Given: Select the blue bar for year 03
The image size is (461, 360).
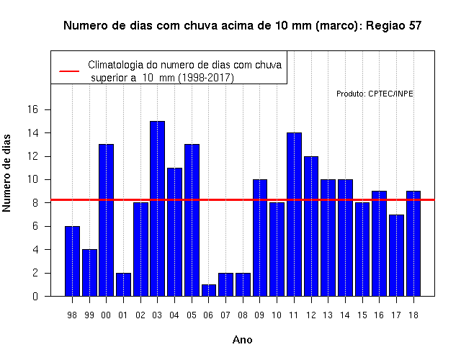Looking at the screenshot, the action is (157, 209).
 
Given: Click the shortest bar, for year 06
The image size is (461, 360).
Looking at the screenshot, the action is (209, 290).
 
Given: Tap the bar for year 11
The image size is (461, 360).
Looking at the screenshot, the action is (294, 215).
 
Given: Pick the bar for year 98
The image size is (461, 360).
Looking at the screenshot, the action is (72, 261).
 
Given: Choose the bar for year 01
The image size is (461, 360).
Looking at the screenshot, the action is (123, 284).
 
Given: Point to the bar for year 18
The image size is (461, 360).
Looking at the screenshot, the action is (413, 243).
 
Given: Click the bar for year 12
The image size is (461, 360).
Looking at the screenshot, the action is (311, 226).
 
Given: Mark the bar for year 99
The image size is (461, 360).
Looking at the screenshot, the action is (89, 273).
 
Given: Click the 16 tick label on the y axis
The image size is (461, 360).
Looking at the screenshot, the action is (32, 109).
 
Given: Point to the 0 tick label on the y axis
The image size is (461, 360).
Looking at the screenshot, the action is (35, 296).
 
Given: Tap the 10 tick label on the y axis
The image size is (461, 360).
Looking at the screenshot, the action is (32, 179).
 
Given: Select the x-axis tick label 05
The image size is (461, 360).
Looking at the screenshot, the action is (192, 315).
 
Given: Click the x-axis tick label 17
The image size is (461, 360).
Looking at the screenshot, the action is (396, 315).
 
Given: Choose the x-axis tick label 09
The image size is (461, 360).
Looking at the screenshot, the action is (259, 315).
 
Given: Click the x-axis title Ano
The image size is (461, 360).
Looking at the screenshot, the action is (243, 340).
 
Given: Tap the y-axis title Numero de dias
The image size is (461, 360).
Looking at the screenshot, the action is (6, 173).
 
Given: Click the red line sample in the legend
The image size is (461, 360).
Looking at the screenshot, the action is (69, 71).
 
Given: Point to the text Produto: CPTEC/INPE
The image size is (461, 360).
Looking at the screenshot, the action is (375, 94).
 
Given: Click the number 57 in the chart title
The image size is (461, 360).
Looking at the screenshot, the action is (415, 26).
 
